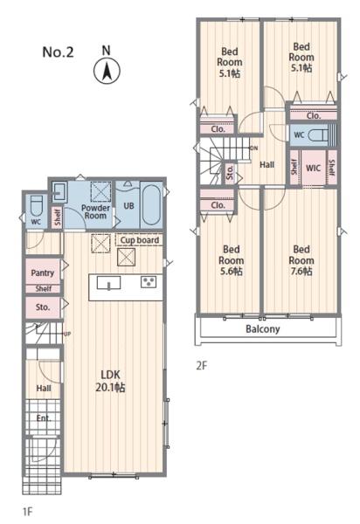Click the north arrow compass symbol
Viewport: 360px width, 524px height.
[107, 71]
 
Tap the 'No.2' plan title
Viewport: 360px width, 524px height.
[58, 52]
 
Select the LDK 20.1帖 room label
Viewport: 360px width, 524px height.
[110, 381]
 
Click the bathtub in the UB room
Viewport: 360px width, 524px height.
[151, 205]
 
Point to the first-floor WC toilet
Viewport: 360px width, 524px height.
[36, 206]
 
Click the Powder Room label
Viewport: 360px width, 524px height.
[95, 212]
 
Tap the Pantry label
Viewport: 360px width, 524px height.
[43, 272]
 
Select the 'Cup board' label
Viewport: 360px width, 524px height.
[140, 240]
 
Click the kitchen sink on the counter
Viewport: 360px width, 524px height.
[108, 283]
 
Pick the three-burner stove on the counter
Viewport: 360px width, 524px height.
[148, 282]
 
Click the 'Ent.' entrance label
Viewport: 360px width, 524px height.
[44, 418]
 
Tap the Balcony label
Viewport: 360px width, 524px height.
[262, 329]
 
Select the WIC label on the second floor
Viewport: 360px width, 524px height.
[313, 168]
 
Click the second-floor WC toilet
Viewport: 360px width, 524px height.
[318, 135]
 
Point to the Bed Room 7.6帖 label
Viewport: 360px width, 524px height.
[301, 260]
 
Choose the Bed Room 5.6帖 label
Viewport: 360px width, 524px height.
[231, 260]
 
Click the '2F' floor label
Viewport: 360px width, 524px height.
[202, 366]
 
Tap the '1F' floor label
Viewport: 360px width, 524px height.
[27, 511]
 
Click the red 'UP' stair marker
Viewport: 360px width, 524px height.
[67, 334]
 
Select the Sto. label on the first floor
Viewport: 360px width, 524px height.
[43, 307]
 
